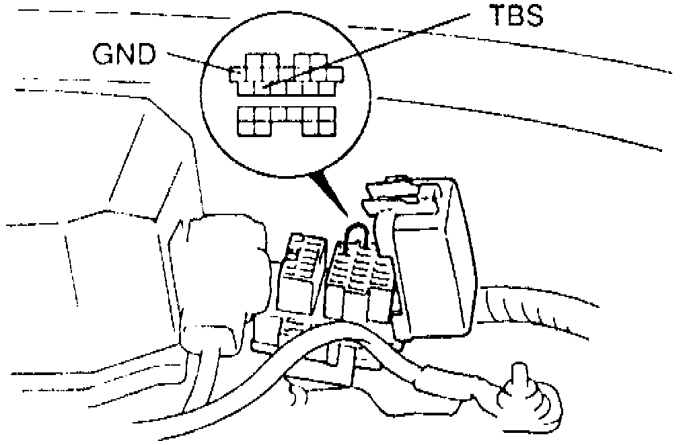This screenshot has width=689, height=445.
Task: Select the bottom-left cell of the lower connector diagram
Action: click(x=246, y=127)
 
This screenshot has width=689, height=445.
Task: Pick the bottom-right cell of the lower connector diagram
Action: click(x=326, y=127)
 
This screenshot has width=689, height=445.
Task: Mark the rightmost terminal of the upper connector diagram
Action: click(x=334, y=73)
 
